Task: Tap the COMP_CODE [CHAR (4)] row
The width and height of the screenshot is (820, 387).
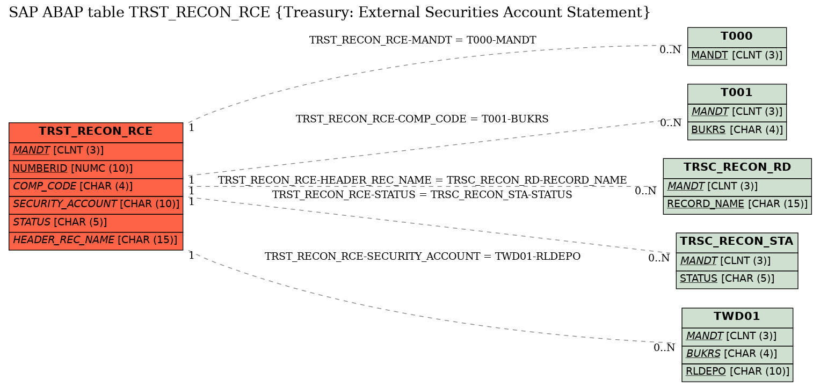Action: (96, 187)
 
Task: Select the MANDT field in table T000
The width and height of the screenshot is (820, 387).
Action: (737, 56)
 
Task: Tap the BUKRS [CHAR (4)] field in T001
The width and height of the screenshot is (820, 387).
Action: (737, 130)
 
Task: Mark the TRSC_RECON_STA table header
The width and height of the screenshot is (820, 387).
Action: (737, 242)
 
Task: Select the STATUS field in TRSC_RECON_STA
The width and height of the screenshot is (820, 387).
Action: (737, 280)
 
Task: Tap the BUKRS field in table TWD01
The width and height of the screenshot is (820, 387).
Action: (737, 355)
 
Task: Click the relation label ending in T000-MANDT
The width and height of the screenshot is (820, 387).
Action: (423, 40)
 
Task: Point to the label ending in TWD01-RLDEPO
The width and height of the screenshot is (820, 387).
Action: (423, 257)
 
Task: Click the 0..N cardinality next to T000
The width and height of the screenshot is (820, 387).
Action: (670, 50)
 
